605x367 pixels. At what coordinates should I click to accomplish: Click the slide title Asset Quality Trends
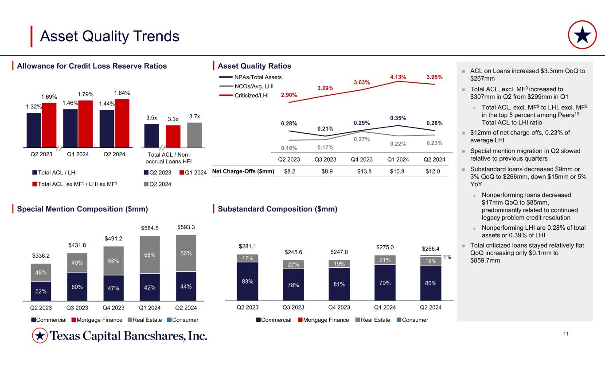[x=109, y=36]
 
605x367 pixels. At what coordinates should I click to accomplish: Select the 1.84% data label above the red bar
[x=122, y=93]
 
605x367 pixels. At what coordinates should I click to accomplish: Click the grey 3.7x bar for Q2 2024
[x=195, y=135]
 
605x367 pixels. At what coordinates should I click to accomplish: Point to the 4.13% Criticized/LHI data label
[x=398, y=76]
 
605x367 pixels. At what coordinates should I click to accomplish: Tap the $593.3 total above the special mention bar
[x=186, y=227]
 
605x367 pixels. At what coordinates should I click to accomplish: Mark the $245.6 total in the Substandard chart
[x=293, y=252]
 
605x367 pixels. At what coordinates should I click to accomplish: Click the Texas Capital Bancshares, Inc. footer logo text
[x=129, y=336]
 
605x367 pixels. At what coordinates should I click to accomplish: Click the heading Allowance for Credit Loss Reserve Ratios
[x=92, y=66]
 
